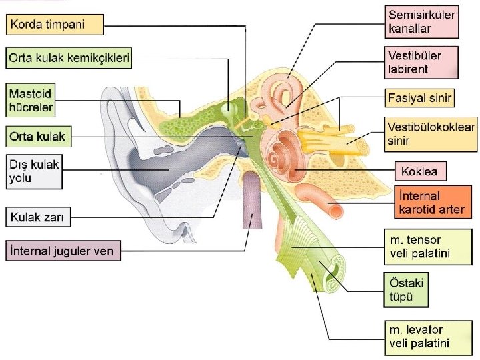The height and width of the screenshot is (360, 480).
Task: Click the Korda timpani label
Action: pyautogui.click(x=55, y=25)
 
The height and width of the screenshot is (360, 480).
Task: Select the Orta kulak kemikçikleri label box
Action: pyautogui.click(x=69, y=58)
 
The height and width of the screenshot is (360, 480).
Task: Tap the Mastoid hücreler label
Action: pyautogui.click(x=30, y=98)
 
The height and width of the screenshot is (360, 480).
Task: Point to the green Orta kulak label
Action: pyautogui.click(x=38, y=137)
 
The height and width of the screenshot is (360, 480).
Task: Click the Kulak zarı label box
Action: pyautogui.click(x=40, y=216)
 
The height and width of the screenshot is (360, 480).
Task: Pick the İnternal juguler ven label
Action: pyautogui.click(x=63, y=252)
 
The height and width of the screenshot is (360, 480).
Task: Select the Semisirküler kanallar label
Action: pyautogui.click(x=421, y=21)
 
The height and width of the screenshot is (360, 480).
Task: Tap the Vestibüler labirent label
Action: pyautogui.click(x=421, y=61)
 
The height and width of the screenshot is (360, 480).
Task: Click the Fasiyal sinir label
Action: pyautogui.click(x=420, y=99)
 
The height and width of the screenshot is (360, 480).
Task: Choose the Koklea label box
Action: pyautogui.click(x=421, y=171)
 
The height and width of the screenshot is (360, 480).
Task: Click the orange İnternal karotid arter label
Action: pyautogui.click(x=430, y=203)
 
